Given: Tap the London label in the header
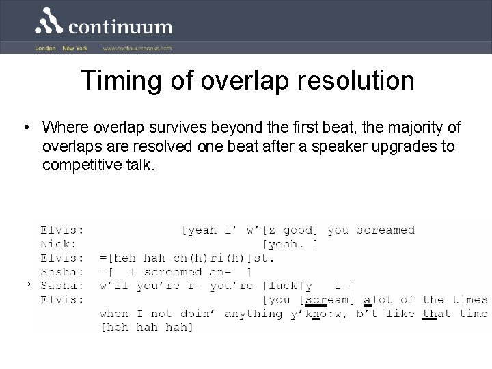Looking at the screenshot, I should point(46,49).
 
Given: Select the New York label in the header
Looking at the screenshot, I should point(75,49).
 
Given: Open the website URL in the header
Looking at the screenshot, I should point(137,49).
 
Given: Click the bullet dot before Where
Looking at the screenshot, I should point(25,128).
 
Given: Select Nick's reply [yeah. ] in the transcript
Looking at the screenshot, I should point(292,243).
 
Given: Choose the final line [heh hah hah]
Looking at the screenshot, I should point(146,328).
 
